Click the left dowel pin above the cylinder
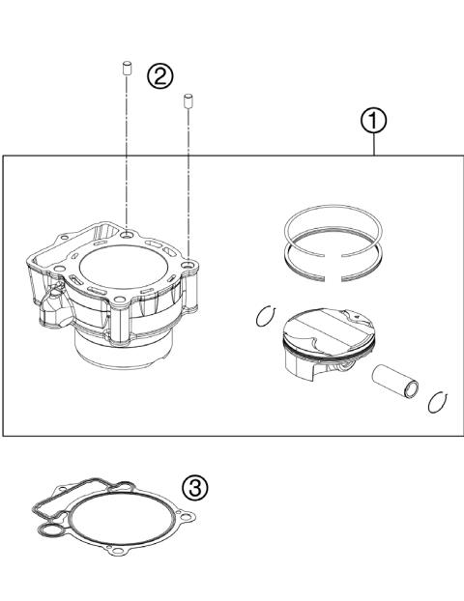125,67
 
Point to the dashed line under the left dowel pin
125,145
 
